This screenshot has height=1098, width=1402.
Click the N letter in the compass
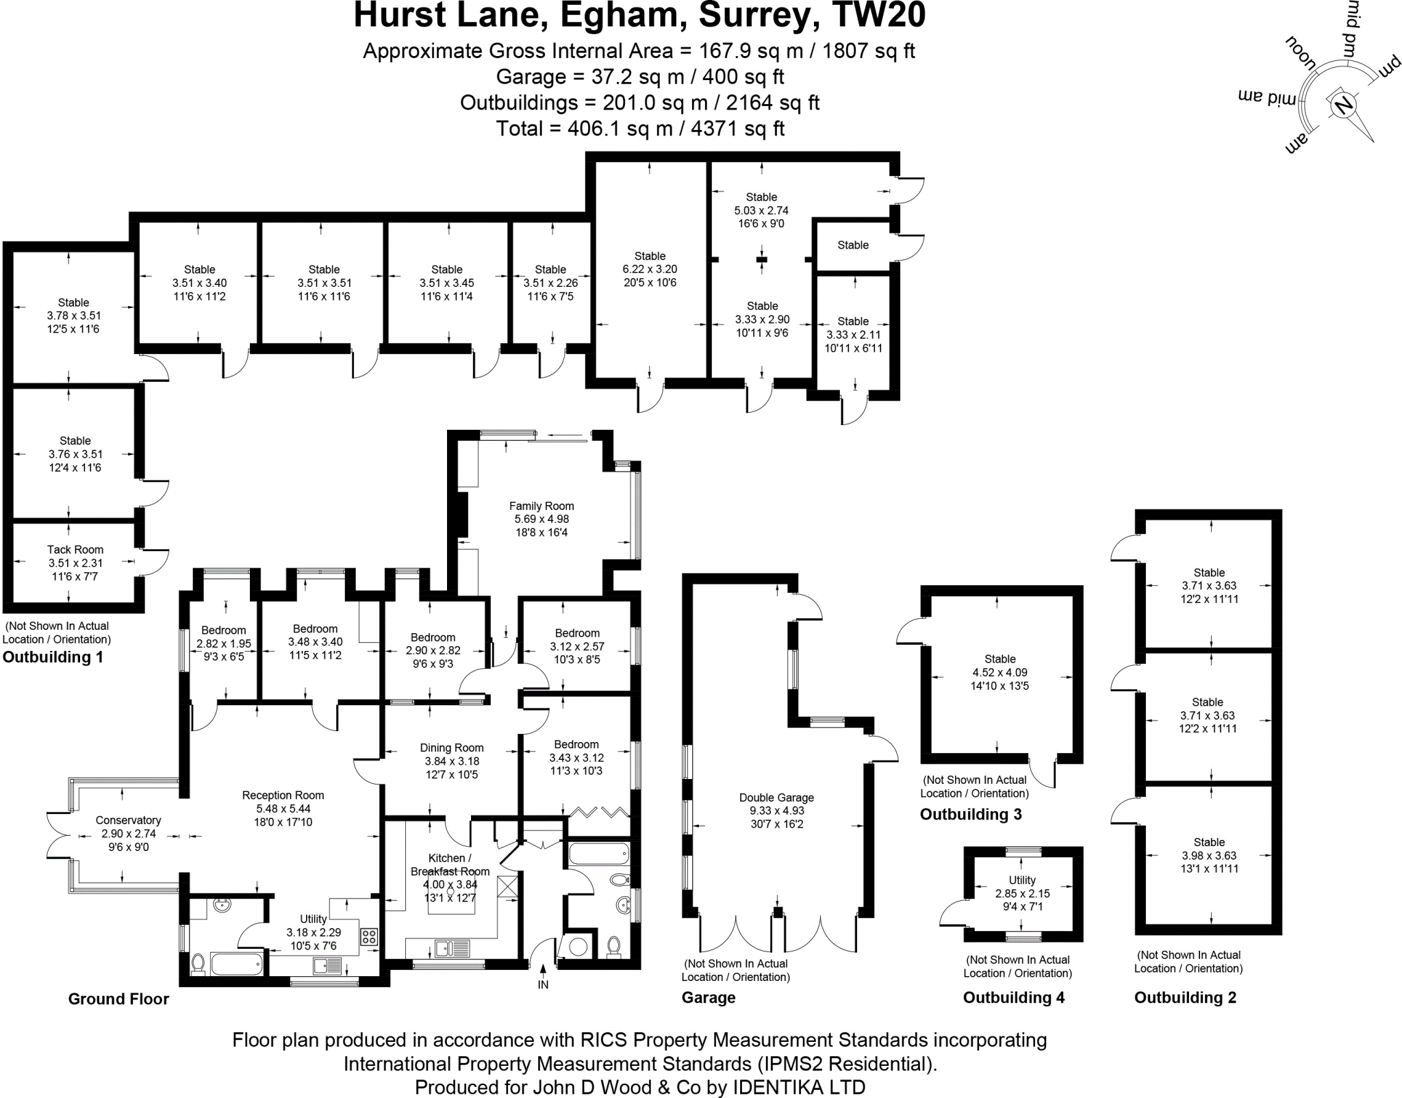(x=1342, y=105)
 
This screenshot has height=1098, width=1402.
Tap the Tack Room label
(x=75, y=550)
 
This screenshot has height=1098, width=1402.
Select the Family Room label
(x=541, y=506)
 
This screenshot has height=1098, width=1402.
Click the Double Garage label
(x=776, y=797)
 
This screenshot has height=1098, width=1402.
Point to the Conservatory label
(x=128, y=820)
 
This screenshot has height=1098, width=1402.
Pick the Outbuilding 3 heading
(x=971, y=814)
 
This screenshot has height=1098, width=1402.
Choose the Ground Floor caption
(x=118, y=999)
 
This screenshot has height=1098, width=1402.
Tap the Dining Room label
(x=452, y=748)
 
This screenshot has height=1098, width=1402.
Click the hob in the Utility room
(x=369, y=936)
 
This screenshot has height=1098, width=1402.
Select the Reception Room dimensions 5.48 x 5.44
(x=283, y=808)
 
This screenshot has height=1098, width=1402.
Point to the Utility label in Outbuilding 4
(x=1022, y=880)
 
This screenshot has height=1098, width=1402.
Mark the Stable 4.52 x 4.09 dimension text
(x=999, y=672)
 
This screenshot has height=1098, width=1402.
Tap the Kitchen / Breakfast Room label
(x=450, y=865)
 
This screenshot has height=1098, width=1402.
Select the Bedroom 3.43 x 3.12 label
(x=576, y=744)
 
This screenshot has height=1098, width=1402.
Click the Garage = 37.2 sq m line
(x=640, y=77)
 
